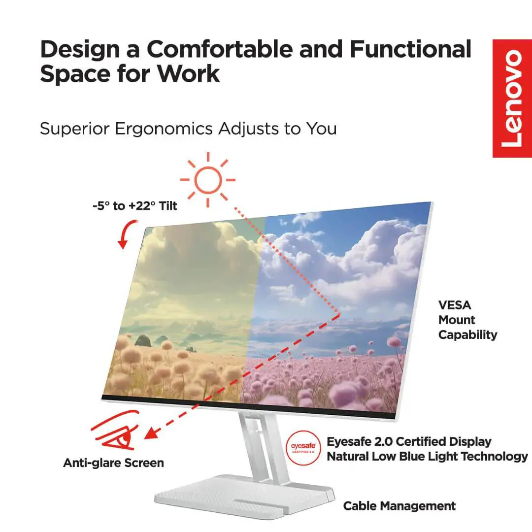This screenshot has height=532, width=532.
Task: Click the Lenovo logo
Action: [512, 99]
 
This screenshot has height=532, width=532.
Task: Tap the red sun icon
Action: [207, 179]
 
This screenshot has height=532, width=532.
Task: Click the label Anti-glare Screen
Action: [113, 463]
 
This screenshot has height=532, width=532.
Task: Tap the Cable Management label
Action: [399, 506]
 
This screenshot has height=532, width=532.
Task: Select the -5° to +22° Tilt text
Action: [134, 206]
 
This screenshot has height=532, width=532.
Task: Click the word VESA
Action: [455, 305]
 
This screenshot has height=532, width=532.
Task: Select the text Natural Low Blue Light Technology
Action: [427, 457]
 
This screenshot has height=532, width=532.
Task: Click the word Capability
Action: [467, 335]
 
